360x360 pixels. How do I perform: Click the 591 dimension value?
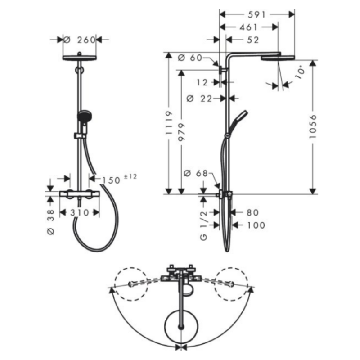tap(256, 15)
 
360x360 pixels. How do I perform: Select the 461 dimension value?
tap(249, 27)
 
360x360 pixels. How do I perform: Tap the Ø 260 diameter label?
tap(80, 40)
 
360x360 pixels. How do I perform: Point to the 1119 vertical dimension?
tap(169, 123)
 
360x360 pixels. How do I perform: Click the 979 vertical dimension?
tap(182, 132)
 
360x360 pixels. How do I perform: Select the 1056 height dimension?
tap(313, 126)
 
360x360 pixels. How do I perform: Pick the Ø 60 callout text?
tap(190, 58)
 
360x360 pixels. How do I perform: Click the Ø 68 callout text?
tap(196, 173)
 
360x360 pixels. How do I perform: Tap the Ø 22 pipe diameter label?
tap(199, 99)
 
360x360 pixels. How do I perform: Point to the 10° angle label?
tap(300, 72)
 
